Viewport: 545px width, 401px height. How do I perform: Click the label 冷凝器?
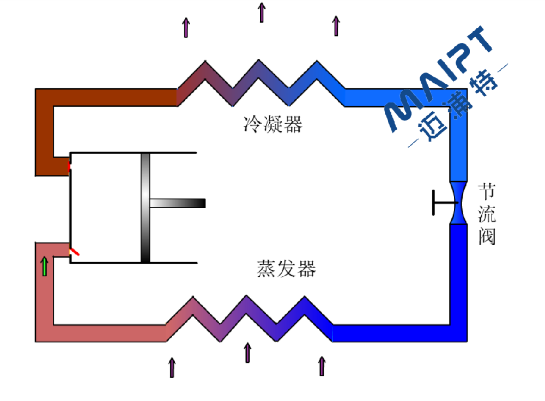click(x=272, y=125)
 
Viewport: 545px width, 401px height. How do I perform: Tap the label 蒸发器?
click(x=286, y=269)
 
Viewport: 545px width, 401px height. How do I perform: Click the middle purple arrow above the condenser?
click(x=262, y=13)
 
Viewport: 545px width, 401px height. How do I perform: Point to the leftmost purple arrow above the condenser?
click(x=186, y=27)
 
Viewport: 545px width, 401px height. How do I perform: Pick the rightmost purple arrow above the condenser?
click(x=336, y=26)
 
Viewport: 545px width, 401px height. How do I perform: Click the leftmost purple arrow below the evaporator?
click(x=172, y=367)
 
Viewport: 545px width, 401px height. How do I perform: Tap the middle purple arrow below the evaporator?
click(x=247, y=353)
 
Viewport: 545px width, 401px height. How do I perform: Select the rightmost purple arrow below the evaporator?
click(x=322, y=366)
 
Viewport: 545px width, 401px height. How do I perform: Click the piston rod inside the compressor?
click(x=177, y=203)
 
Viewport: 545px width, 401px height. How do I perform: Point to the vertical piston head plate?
click(x=145, y=208)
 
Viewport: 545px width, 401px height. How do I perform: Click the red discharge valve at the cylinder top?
click(x=69, y=166)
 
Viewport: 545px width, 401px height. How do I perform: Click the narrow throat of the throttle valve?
click(x=458, y=202)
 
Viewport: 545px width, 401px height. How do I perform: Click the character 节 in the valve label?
click(x=487, y=192)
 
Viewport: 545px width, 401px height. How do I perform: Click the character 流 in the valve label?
click(x=487, y=214)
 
